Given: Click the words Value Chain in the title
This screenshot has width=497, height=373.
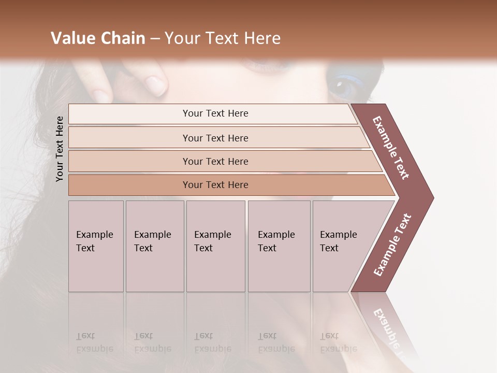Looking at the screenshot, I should (98, 38).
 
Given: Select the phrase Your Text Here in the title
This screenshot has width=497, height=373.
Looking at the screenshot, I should (223, 38).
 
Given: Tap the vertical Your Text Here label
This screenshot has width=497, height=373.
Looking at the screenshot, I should (60, 149).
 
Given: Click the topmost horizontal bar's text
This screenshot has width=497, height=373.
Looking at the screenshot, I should (215, 113).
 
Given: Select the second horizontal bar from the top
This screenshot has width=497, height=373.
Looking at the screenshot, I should (215, 138).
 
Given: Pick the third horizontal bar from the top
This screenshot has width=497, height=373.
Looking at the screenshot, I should (215, 161).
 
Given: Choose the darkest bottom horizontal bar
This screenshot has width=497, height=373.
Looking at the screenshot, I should (215, 185).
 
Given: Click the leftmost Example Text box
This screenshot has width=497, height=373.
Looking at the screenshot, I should (96, 246).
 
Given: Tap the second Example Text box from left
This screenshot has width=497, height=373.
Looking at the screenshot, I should (154, 246).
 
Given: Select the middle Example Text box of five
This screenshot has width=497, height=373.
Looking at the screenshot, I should (215, 246).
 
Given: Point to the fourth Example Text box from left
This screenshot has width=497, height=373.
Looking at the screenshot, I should (279, 246).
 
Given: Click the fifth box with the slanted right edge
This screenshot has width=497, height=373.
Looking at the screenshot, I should (342, 246).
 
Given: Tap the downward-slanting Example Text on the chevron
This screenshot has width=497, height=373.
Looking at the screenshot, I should (391, 148).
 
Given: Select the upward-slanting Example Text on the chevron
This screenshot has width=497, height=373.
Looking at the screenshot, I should (392, 245).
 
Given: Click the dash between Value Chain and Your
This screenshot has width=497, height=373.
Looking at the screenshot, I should (155, 39).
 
